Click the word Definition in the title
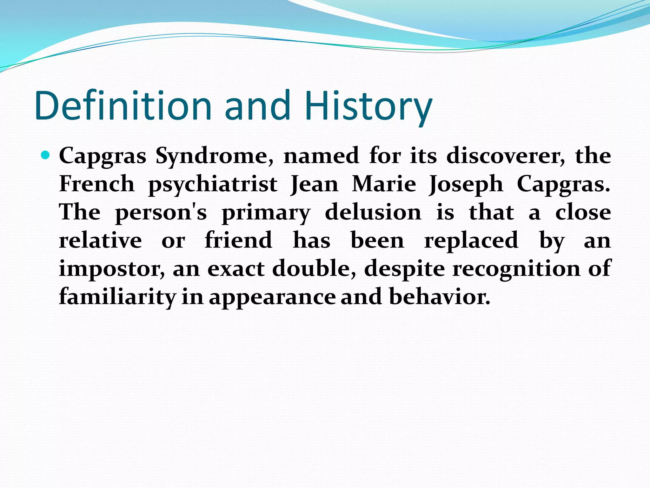click(x=123, y=106)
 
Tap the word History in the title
click(x=368, y=106)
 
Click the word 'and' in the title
click(x=257, y=106)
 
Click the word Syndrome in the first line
click(x=215, y=156)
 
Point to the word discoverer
click(x=505, y=156)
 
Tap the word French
click(x=97, y=184)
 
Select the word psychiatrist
click(x=213, y=184)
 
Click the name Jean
click(x=315, y=184)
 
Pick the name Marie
click(x=384, y=184)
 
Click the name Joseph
click(x=466, y=184)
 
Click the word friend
click(x=238, y=241)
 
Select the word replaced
click(x=471, y=241)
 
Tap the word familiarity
click(x=117, y=297)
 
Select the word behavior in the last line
click(x=440, y=297)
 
